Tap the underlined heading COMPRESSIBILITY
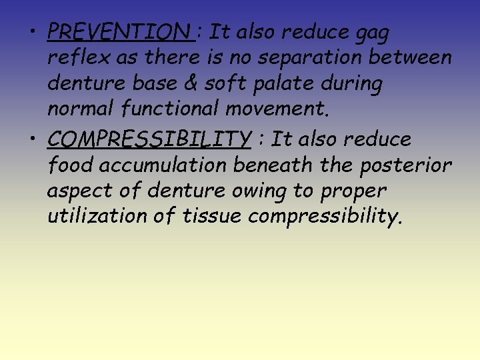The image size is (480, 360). point(149,139)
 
